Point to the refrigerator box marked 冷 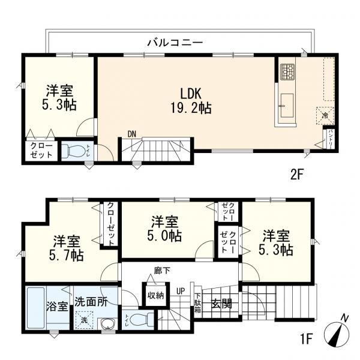325,115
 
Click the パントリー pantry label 329,138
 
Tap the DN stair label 132,134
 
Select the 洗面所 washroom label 91,301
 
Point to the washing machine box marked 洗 83,322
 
